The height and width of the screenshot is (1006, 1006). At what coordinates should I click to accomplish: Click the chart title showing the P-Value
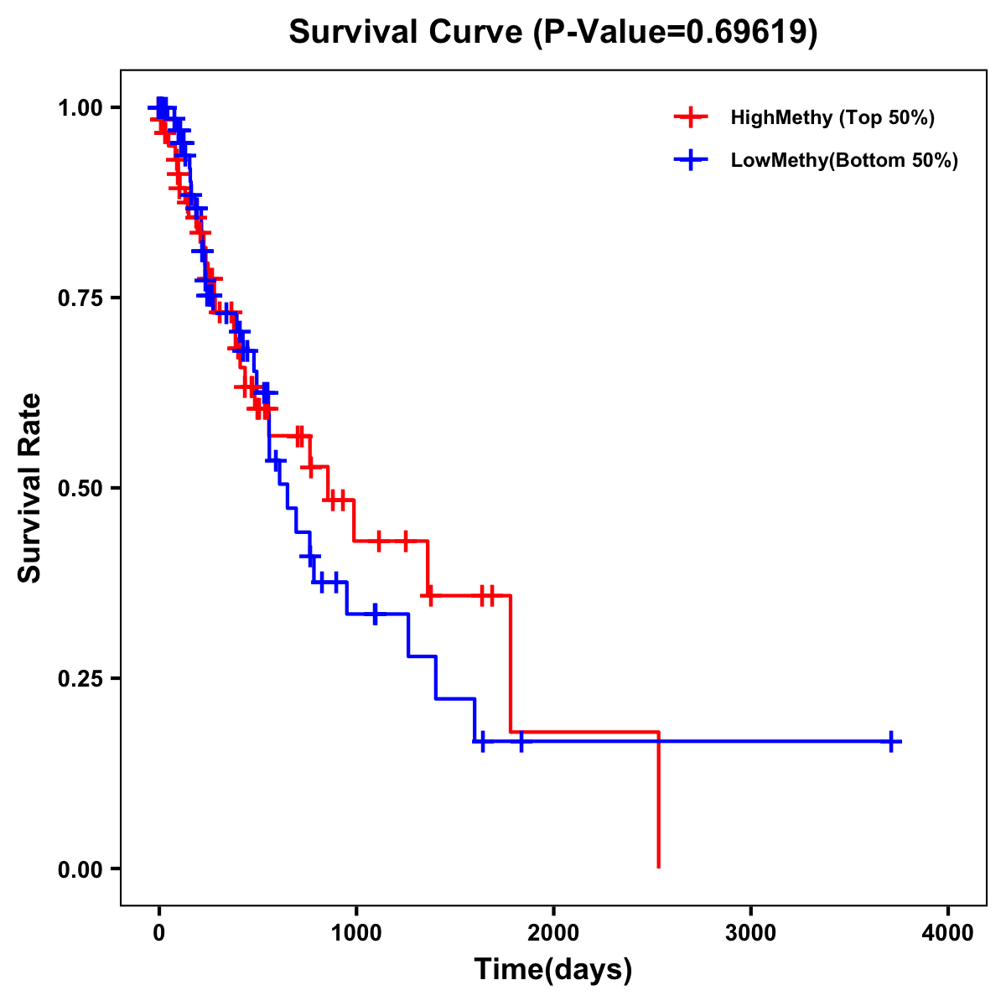(553, 33)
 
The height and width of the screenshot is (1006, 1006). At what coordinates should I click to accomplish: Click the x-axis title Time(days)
(553, 969)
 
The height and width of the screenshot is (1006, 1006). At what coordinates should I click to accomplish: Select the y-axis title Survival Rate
(30, 487)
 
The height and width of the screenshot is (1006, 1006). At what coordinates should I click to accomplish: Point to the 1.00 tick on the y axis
(80, 107)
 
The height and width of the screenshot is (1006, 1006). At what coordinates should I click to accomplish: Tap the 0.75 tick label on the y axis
(80, 298)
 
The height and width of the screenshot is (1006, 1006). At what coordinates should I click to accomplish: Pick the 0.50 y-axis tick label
(80, 488)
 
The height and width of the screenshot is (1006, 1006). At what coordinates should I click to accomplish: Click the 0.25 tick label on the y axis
(80, 678)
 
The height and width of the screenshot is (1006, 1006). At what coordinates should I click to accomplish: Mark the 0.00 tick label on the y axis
(80, 869)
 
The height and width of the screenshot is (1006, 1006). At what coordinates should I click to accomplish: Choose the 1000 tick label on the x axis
(355, 931)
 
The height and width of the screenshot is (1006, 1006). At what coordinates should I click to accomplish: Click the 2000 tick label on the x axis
(553, 931)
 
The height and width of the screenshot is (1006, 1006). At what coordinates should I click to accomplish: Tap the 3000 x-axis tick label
(750, 931)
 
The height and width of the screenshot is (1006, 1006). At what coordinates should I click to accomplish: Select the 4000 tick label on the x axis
(948, 931)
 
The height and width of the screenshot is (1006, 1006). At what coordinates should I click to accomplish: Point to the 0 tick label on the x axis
(158, 931)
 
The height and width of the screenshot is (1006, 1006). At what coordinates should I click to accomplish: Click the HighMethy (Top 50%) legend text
(832, 117)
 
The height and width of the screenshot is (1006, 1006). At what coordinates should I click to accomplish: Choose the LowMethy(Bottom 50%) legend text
(844, 160)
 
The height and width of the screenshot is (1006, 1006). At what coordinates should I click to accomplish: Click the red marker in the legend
(691, 117)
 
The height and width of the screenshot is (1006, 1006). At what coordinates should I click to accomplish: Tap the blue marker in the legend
(691, 160)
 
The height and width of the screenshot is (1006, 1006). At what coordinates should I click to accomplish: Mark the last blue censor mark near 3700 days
(891, 742)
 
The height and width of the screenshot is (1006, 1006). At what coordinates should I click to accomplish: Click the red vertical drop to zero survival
(659, 805)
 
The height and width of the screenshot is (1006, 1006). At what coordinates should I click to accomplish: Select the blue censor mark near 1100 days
(375, 614)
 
